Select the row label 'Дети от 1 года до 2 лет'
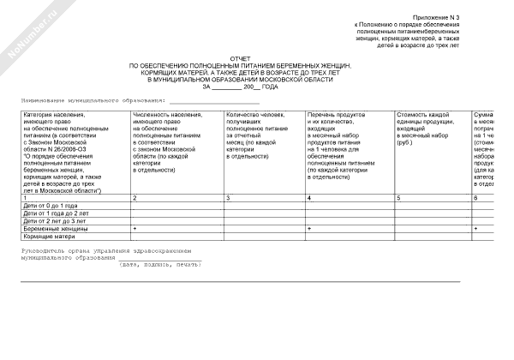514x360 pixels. click(56, 213)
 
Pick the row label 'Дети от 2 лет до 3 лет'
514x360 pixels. click(55, 221)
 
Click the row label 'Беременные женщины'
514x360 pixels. click(53, 229)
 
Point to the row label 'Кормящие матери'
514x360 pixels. click(48, 237)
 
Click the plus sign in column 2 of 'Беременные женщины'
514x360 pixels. click(135, 229)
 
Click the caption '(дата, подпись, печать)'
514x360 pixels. click(161, 264)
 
